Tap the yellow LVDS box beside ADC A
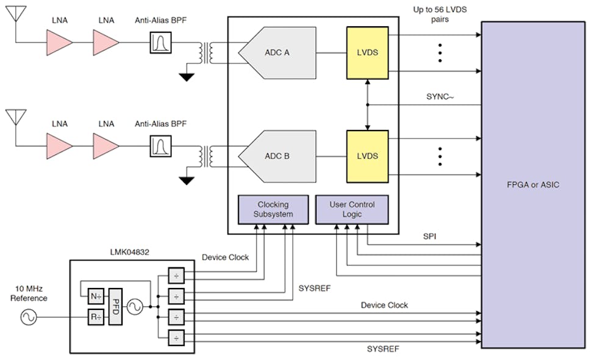click(x=367, y=52)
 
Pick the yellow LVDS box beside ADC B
click(x=367, y=156)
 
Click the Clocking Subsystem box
click(x=273, y=209)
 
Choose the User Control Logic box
click(x=352, y=209)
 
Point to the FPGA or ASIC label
click(x=532, y=184)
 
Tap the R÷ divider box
click(x=96, y=317)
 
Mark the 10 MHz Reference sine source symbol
click(x=29, y=317)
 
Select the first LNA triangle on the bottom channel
click(x=59, y=146)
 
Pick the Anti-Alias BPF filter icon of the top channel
click(x=161, y=42)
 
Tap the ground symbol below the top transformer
click(x=187, y=77)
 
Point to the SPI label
click(x=430, y=235)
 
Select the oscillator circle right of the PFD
click(x=134, y=307)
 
